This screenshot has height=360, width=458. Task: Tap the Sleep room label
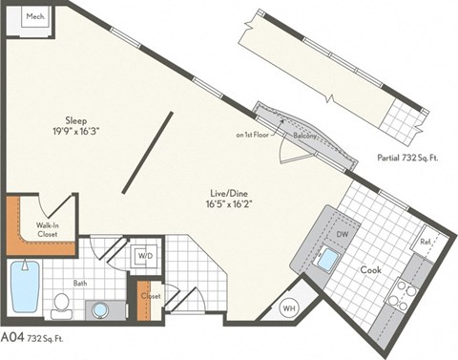(x=76, y=121)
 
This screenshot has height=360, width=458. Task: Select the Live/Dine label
(x=227, y=192)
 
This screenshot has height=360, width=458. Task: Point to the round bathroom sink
(x=99, y=309)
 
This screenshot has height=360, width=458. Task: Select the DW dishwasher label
(x=341, y=234)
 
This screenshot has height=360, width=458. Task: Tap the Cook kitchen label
(x=370, y=270)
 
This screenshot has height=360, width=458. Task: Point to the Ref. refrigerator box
(x=426, y=243)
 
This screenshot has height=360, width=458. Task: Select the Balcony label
(x=304, y=138)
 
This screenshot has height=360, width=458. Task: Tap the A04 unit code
(x=12, y=337)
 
